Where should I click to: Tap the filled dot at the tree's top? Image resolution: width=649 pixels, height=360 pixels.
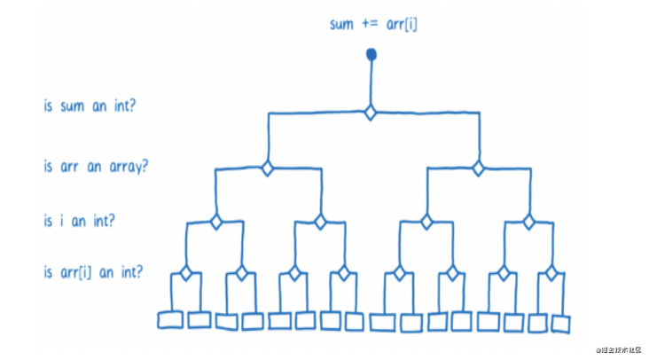[371, 56]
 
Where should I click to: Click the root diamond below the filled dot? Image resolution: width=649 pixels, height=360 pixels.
[371, 113]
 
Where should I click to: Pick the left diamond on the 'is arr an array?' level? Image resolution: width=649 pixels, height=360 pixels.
[266, 168]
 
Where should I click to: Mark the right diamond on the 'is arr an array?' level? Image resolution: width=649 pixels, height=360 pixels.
[478, 168]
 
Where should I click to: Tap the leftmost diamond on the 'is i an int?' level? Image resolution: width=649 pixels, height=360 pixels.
[215, 221]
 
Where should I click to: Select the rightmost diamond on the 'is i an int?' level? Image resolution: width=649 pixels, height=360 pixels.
[529, 221]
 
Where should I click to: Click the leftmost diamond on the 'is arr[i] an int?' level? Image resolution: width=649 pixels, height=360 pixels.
[186, 272]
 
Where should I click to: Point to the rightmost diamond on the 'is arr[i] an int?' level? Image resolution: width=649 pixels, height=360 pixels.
[551, 272]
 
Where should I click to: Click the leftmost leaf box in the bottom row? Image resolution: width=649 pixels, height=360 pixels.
[170, 320]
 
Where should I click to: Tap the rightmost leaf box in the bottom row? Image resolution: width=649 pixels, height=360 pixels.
[559, 324]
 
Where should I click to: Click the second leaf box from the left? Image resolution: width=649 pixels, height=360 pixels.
[199, 319]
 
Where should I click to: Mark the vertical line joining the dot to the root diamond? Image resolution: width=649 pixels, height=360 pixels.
[371, 84]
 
